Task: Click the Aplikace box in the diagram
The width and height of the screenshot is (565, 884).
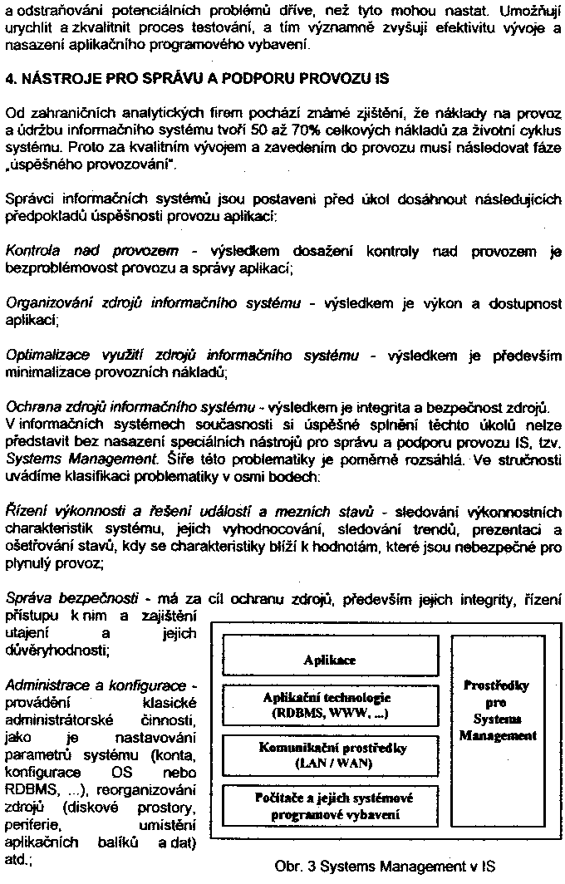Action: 329,636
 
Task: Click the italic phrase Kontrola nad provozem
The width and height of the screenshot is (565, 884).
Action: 91,251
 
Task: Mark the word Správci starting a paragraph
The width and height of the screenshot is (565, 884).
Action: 28,199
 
